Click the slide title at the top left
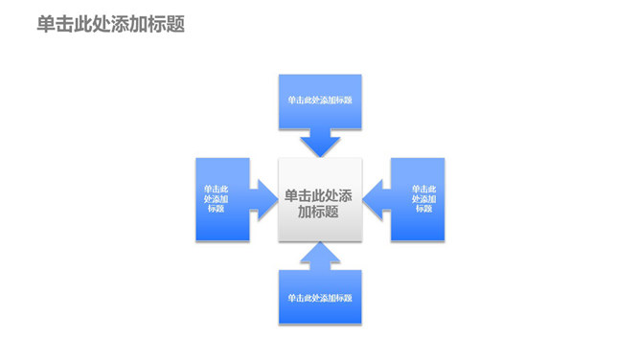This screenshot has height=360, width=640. click(x=110, y=24)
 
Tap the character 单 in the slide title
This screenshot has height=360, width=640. click(x=46, y=24)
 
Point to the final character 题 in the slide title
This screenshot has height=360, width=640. click(x=174, y=24)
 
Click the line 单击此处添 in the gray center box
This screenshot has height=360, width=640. click(x=319, y=195)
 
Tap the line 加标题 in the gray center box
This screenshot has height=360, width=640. click(x=319, y=212)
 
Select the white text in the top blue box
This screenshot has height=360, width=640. click(x=319, y=101)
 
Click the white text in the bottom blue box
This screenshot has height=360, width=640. click(x=319, y=297)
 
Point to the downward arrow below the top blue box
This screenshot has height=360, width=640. click(x=319, y=144)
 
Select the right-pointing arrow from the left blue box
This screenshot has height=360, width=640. click(x=261, y=200)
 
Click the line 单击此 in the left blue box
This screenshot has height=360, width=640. click(x=216, y=190)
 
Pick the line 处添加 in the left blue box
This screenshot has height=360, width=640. click(x=216, y=199)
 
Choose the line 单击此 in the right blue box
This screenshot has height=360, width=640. click(x=423, y=190)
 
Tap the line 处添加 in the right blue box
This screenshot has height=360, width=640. click(x=423, y=199)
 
